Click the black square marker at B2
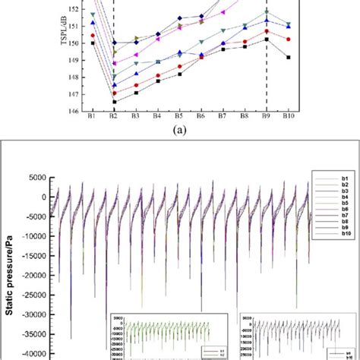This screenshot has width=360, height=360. tap(114, 102)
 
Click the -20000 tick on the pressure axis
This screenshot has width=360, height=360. tap(34, 275)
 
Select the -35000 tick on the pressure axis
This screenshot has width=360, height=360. tap(34, 333)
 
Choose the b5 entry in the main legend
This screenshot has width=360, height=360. tap(334, 204)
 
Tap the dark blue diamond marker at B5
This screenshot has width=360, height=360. tap(179, 17)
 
